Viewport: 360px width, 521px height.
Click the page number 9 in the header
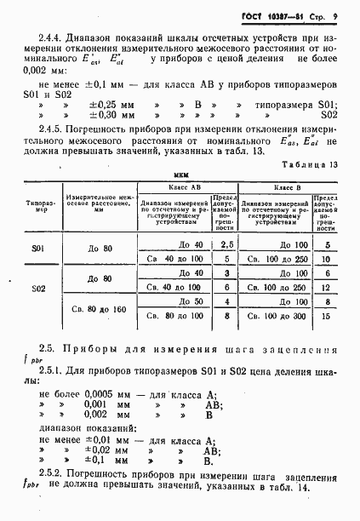tap(336, 17)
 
